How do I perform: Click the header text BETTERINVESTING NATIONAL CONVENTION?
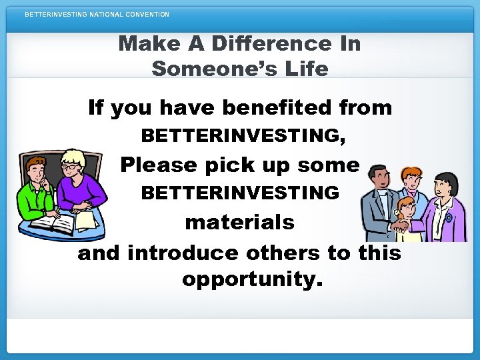coord(97,14)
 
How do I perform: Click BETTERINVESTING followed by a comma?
coord(243,136)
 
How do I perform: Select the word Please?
coord(159,164)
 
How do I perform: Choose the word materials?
coord(239,221)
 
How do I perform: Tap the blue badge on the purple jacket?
coord(448,217)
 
